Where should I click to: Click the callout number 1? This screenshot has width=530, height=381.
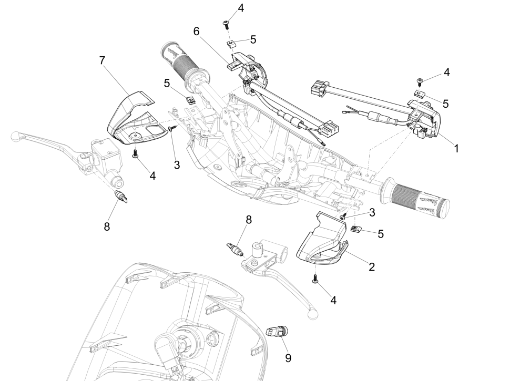tap(456, 149)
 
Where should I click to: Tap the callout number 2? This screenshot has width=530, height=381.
tap(371, 266)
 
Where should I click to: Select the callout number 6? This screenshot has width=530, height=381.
tap(196, 32)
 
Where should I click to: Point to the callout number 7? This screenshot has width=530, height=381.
tap(103, 60)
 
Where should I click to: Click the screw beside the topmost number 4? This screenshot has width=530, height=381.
tap(227, 23)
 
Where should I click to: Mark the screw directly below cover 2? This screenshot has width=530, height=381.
tap(314, 279)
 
